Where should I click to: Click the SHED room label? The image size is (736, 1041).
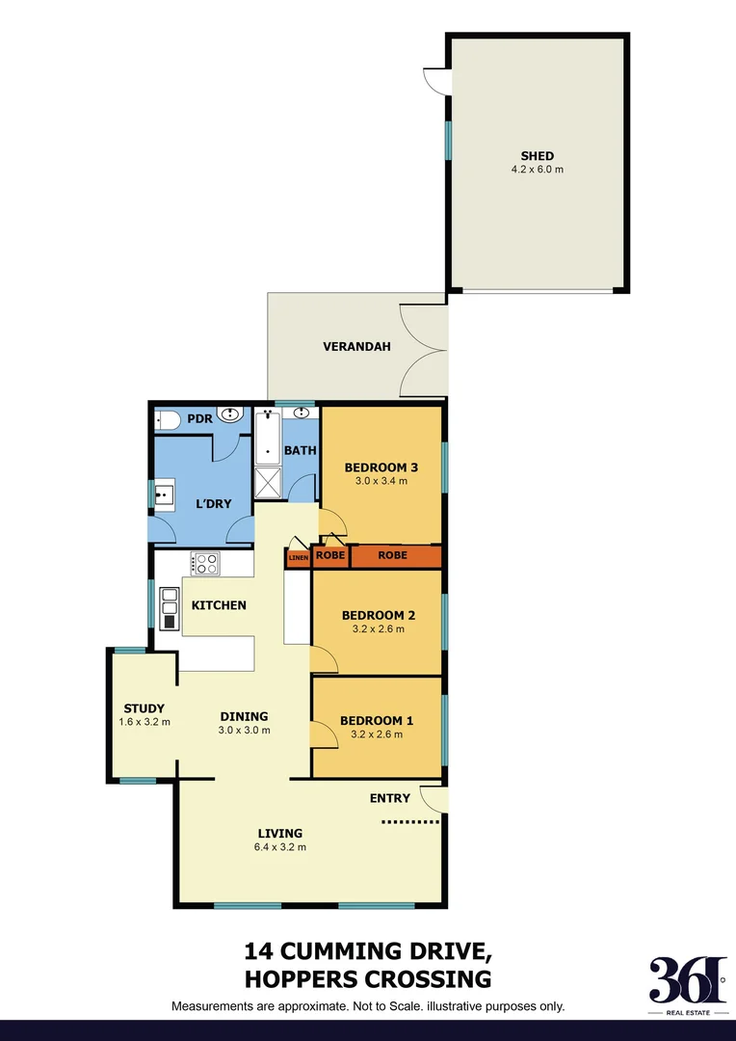click(537, 156)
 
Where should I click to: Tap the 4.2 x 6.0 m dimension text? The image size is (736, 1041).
click(537, 170)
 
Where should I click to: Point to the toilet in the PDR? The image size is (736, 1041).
click(168, 420)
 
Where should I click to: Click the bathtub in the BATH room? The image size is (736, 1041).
click(267, 439)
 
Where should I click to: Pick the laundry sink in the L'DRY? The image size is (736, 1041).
click(163, 495)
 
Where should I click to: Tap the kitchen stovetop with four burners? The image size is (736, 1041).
click(205, 563)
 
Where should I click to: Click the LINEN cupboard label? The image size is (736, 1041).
click(298, 557)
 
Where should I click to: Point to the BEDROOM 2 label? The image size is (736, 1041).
click(378, 616)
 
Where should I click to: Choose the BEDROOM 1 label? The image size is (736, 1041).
click(377, 720)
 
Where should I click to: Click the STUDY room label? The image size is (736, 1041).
click(144, 708)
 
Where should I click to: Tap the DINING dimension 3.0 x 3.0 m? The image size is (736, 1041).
click(244, 730)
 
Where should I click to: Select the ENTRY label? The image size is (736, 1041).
click(389, 798)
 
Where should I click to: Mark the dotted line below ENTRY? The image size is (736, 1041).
click(410, 822)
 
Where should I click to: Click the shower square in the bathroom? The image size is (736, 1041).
click(268, 483)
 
